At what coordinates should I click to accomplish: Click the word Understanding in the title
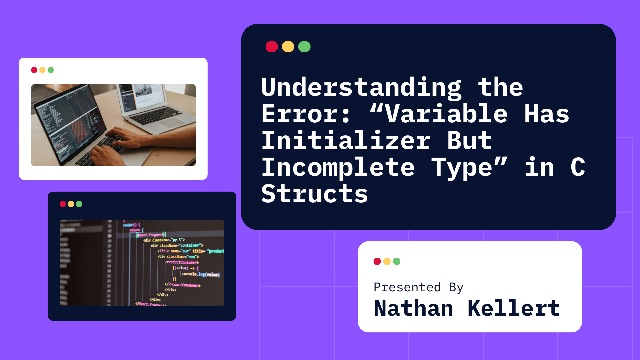(361, 87)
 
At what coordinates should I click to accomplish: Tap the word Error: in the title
(306, 114)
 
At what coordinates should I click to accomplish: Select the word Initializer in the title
(346, 141)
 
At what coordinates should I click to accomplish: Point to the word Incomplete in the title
(338, 167)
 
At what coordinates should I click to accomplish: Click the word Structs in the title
(314, 194)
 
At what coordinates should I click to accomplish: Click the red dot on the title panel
(272, 47)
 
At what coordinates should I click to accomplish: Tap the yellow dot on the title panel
(288, 47)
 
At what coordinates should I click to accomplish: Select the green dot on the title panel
(304, 47)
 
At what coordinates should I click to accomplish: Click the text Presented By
(418, 287)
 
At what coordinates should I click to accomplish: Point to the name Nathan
(413, 308)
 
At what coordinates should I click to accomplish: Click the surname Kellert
(514, 308)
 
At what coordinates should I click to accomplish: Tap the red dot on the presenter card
(377, 261)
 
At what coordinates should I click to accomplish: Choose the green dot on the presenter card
(397, 261)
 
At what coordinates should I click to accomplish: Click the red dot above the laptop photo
(34, 70)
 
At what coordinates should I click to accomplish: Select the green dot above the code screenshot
(79, 204)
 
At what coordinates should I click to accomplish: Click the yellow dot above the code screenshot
(71, 204)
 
